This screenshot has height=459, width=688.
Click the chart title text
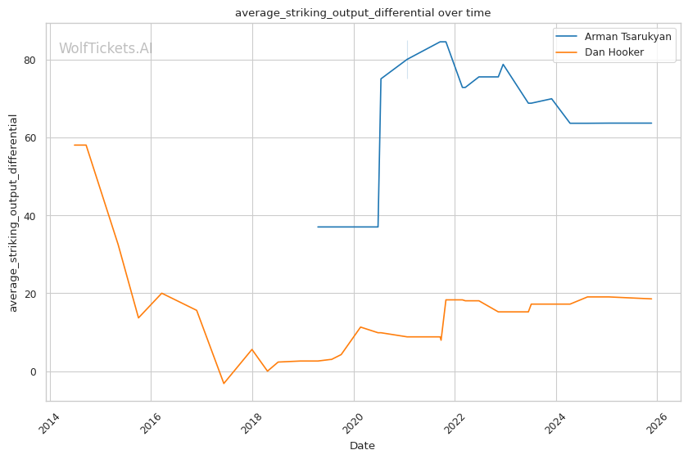tap(363, 13)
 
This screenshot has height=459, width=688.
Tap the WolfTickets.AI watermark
tap(106, 48)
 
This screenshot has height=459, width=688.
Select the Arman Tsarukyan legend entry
tap(627, 37)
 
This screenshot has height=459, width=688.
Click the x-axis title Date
tap(362, 446)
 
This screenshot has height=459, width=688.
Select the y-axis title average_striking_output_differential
tap(13, 213)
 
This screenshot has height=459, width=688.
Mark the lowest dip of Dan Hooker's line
tap(224, 383)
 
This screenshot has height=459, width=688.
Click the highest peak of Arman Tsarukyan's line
tap(442, 42)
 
